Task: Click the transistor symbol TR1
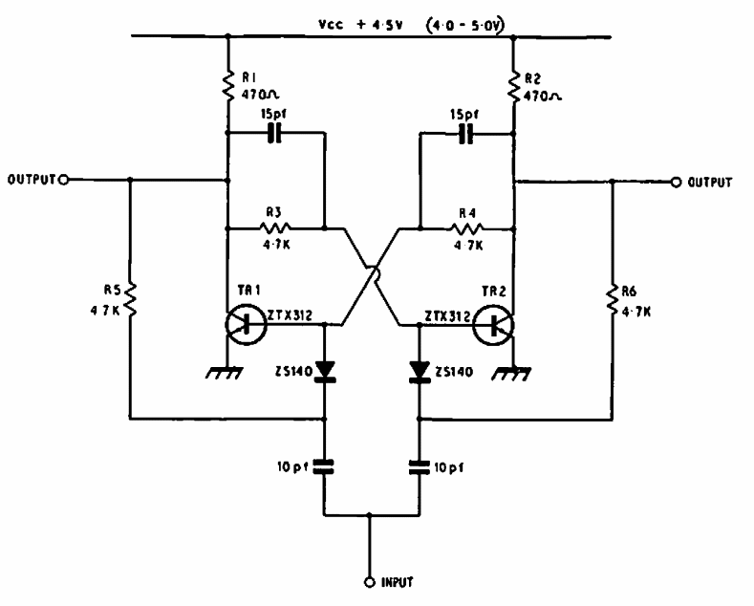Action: tap(246, 324)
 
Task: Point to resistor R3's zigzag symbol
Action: tap(275, 228)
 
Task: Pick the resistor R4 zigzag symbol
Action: tap(467, 228)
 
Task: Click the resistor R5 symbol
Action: tap(131, 303)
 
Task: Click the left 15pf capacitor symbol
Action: tap(275, 134)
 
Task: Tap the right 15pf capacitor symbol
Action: tap(466, 134)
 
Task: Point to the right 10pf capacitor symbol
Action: tap(419, 467)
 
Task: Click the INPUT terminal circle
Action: tap(371, 581)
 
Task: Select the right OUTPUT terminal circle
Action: tap(677, 181)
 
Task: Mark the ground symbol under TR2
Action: tap(517, 372)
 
